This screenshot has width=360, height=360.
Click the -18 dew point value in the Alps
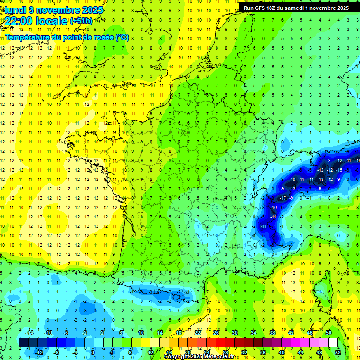tap(321, 179)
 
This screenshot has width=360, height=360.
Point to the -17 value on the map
tap(283, 198)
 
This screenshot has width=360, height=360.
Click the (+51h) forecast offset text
tap(81, 21)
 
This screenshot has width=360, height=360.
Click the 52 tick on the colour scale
tap(337, 352)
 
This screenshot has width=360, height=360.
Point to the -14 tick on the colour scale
tap(30, 333)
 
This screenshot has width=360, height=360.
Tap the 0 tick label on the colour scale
tap(93, 352)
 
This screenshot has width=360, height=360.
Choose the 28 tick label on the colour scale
tap(225, 352)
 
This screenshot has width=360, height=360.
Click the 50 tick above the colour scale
tap(329, 333)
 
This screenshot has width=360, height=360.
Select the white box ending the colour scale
tap(333, 343)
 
